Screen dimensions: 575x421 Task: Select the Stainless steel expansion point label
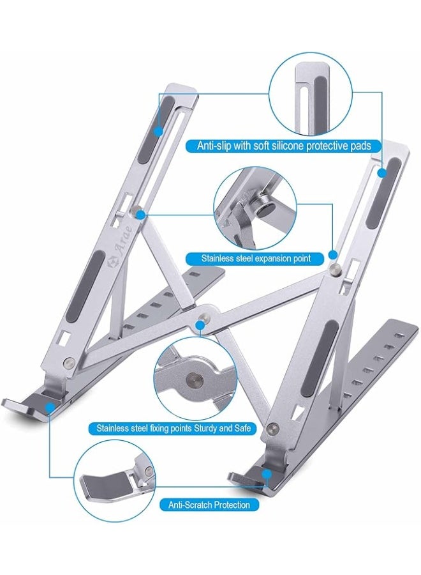pos(256,259)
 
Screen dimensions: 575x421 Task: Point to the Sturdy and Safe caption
pos(174,427)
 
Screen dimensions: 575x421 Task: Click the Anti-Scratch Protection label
pos(209,505)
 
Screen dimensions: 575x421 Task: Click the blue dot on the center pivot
pos(201,325)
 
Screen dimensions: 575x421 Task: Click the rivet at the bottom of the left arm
pos(68,364)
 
